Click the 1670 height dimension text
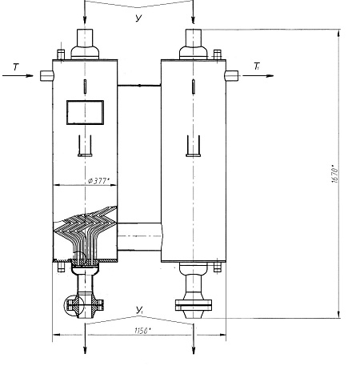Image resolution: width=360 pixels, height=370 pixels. [x=335, y=174]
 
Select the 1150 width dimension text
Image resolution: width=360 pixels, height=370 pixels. [x=142, y=331]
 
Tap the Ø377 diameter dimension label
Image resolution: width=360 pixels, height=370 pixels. [x=98, y=181]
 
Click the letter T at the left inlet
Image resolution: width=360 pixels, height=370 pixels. [x=16, y=66]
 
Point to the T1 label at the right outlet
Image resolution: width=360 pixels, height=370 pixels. [x=257, y=66]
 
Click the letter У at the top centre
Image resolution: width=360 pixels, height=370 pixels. [x=138, y=18]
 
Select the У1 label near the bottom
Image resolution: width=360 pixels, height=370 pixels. [x=139, y=310]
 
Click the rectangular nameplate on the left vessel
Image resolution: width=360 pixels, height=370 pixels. [x=85, y=112]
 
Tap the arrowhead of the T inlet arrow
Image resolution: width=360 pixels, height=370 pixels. [x=30, y=76]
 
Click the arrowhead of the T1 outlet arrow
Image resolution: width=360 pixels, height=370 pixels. [x=270, y=76]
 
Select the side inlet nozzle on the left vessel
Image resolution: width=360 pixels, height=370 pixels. [x=46, y=75]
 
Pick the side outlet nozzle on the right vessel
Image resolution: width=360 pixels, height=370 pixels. [x=231, y=75]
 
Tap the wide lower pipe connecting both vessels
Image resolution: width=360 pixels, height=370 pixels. [x=139, y=236]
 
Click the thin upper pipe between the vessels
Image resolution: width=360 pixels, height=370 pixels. [x=139, y=86]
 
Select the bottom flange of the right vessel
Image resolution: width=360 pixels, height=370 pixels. [x=194, y=305]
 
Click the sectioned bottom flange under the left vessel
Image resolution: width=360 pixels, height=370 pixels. [x=84, y=305]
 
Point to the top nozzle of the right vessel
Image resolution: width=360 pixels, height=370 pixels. [x=194, y=44]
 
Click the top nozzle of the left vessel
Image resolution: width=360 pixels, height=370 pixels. [x=85, y=44]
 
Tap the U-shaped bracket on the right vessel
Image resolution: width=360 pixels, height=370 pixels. [x=194, y=146]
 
